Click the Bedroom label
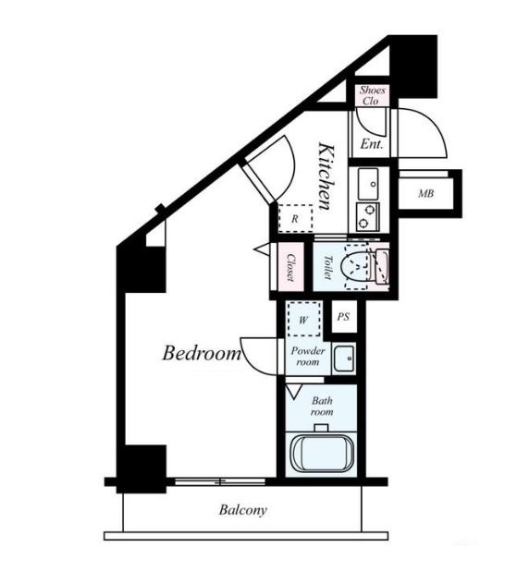[202, 353]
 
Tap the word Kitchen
[326, 176]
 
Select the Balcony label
[243, 510]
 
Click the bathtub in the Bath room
[323, 454]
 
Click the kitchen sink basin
[367, 184]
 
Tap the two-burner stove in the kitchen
[367, 217]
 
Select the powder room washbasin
[344, 358]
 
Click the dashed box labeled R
[295, 218]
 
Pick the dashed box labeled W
[304, 320]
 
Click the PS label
[343, 317]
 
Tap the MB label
[425, 193]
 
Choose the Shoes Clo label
[372, 95]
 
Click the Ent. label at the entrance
[372, 144]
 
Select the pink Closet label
[291, 267]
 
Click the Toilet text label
[328, 267]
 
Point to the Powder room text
[308, 357]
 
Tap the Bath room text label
[322, 406]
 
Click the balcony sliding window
[220, 481]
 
